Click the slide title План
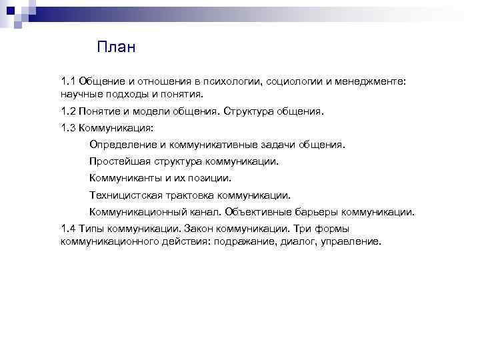coord(116,47)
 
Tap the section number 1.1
coord(69,81)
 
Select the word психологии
coord(233,81)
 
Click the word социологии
coord(294,81)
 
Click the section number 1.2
coord(69,111)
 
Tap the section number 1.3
coord(69,128)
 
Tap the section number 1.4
coord(69,229)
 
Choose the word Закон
coord(203,229)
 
